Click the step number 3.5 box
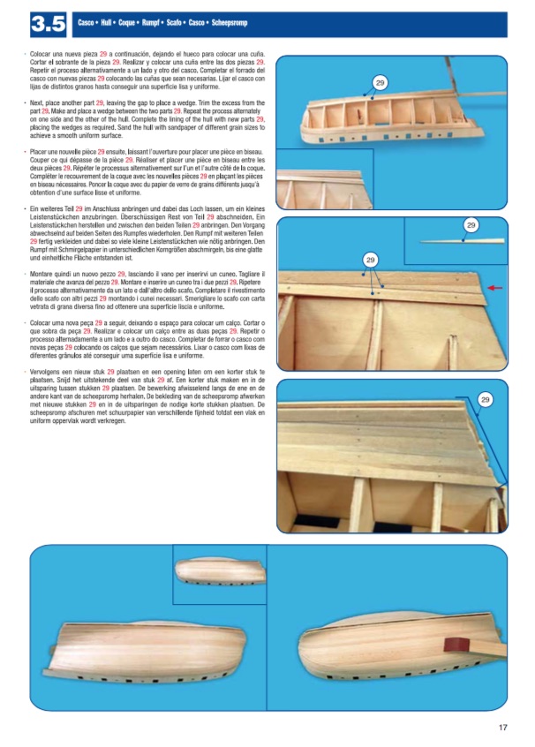click(x=49, y=25)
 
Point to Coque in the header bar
click(x=137, y=23)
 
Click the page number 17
click(x=502, y=728)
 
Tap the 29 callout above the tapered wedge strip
click(x=471, y=226)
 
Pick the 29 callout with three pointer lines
click(x=371, y=260)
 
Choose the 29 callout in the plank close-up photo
click(x=485, y=401)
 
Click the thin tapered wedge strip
click(x=468, y=240)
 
